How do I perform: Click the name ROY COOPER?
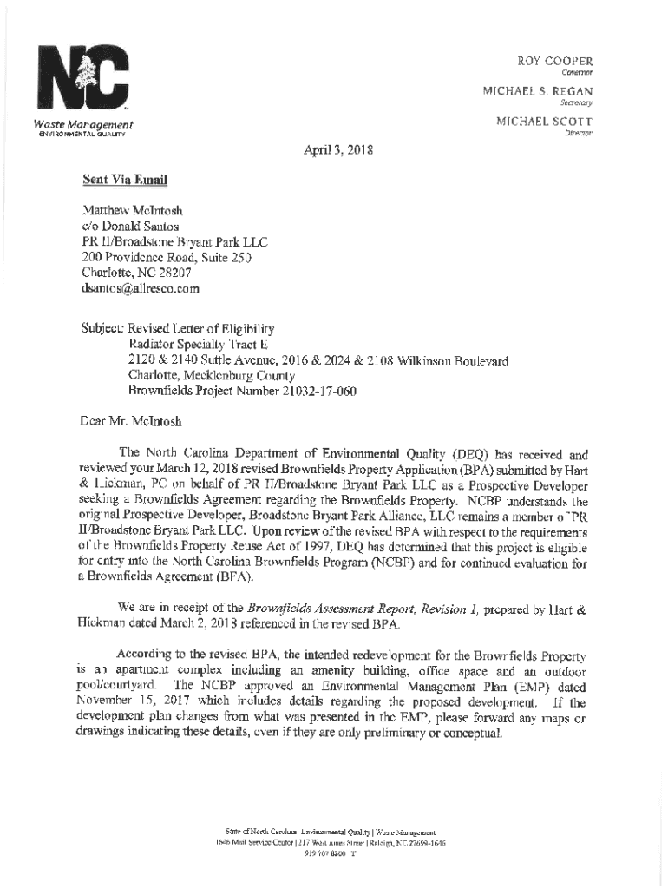(x=555, y=62)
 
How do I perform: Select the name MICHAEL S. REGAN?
(x=538, y=91)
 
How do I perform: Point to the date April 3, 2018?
(x=337, y=149)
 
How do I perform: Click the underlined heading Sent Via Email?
(x=123, y=181)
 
